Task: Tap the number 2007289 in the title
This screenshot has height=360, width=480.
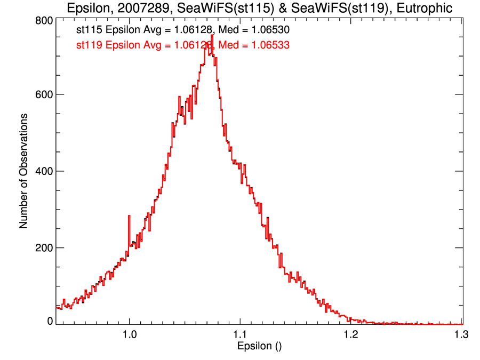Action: click(141, 7)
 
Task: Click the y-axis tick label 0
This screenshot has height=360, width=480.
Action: click(50, 321)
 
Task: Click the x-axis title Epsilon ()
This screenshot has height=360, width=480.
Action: click(259, 346)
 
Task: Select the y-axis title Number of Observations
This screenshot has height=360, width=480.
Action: click(23, 171)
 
